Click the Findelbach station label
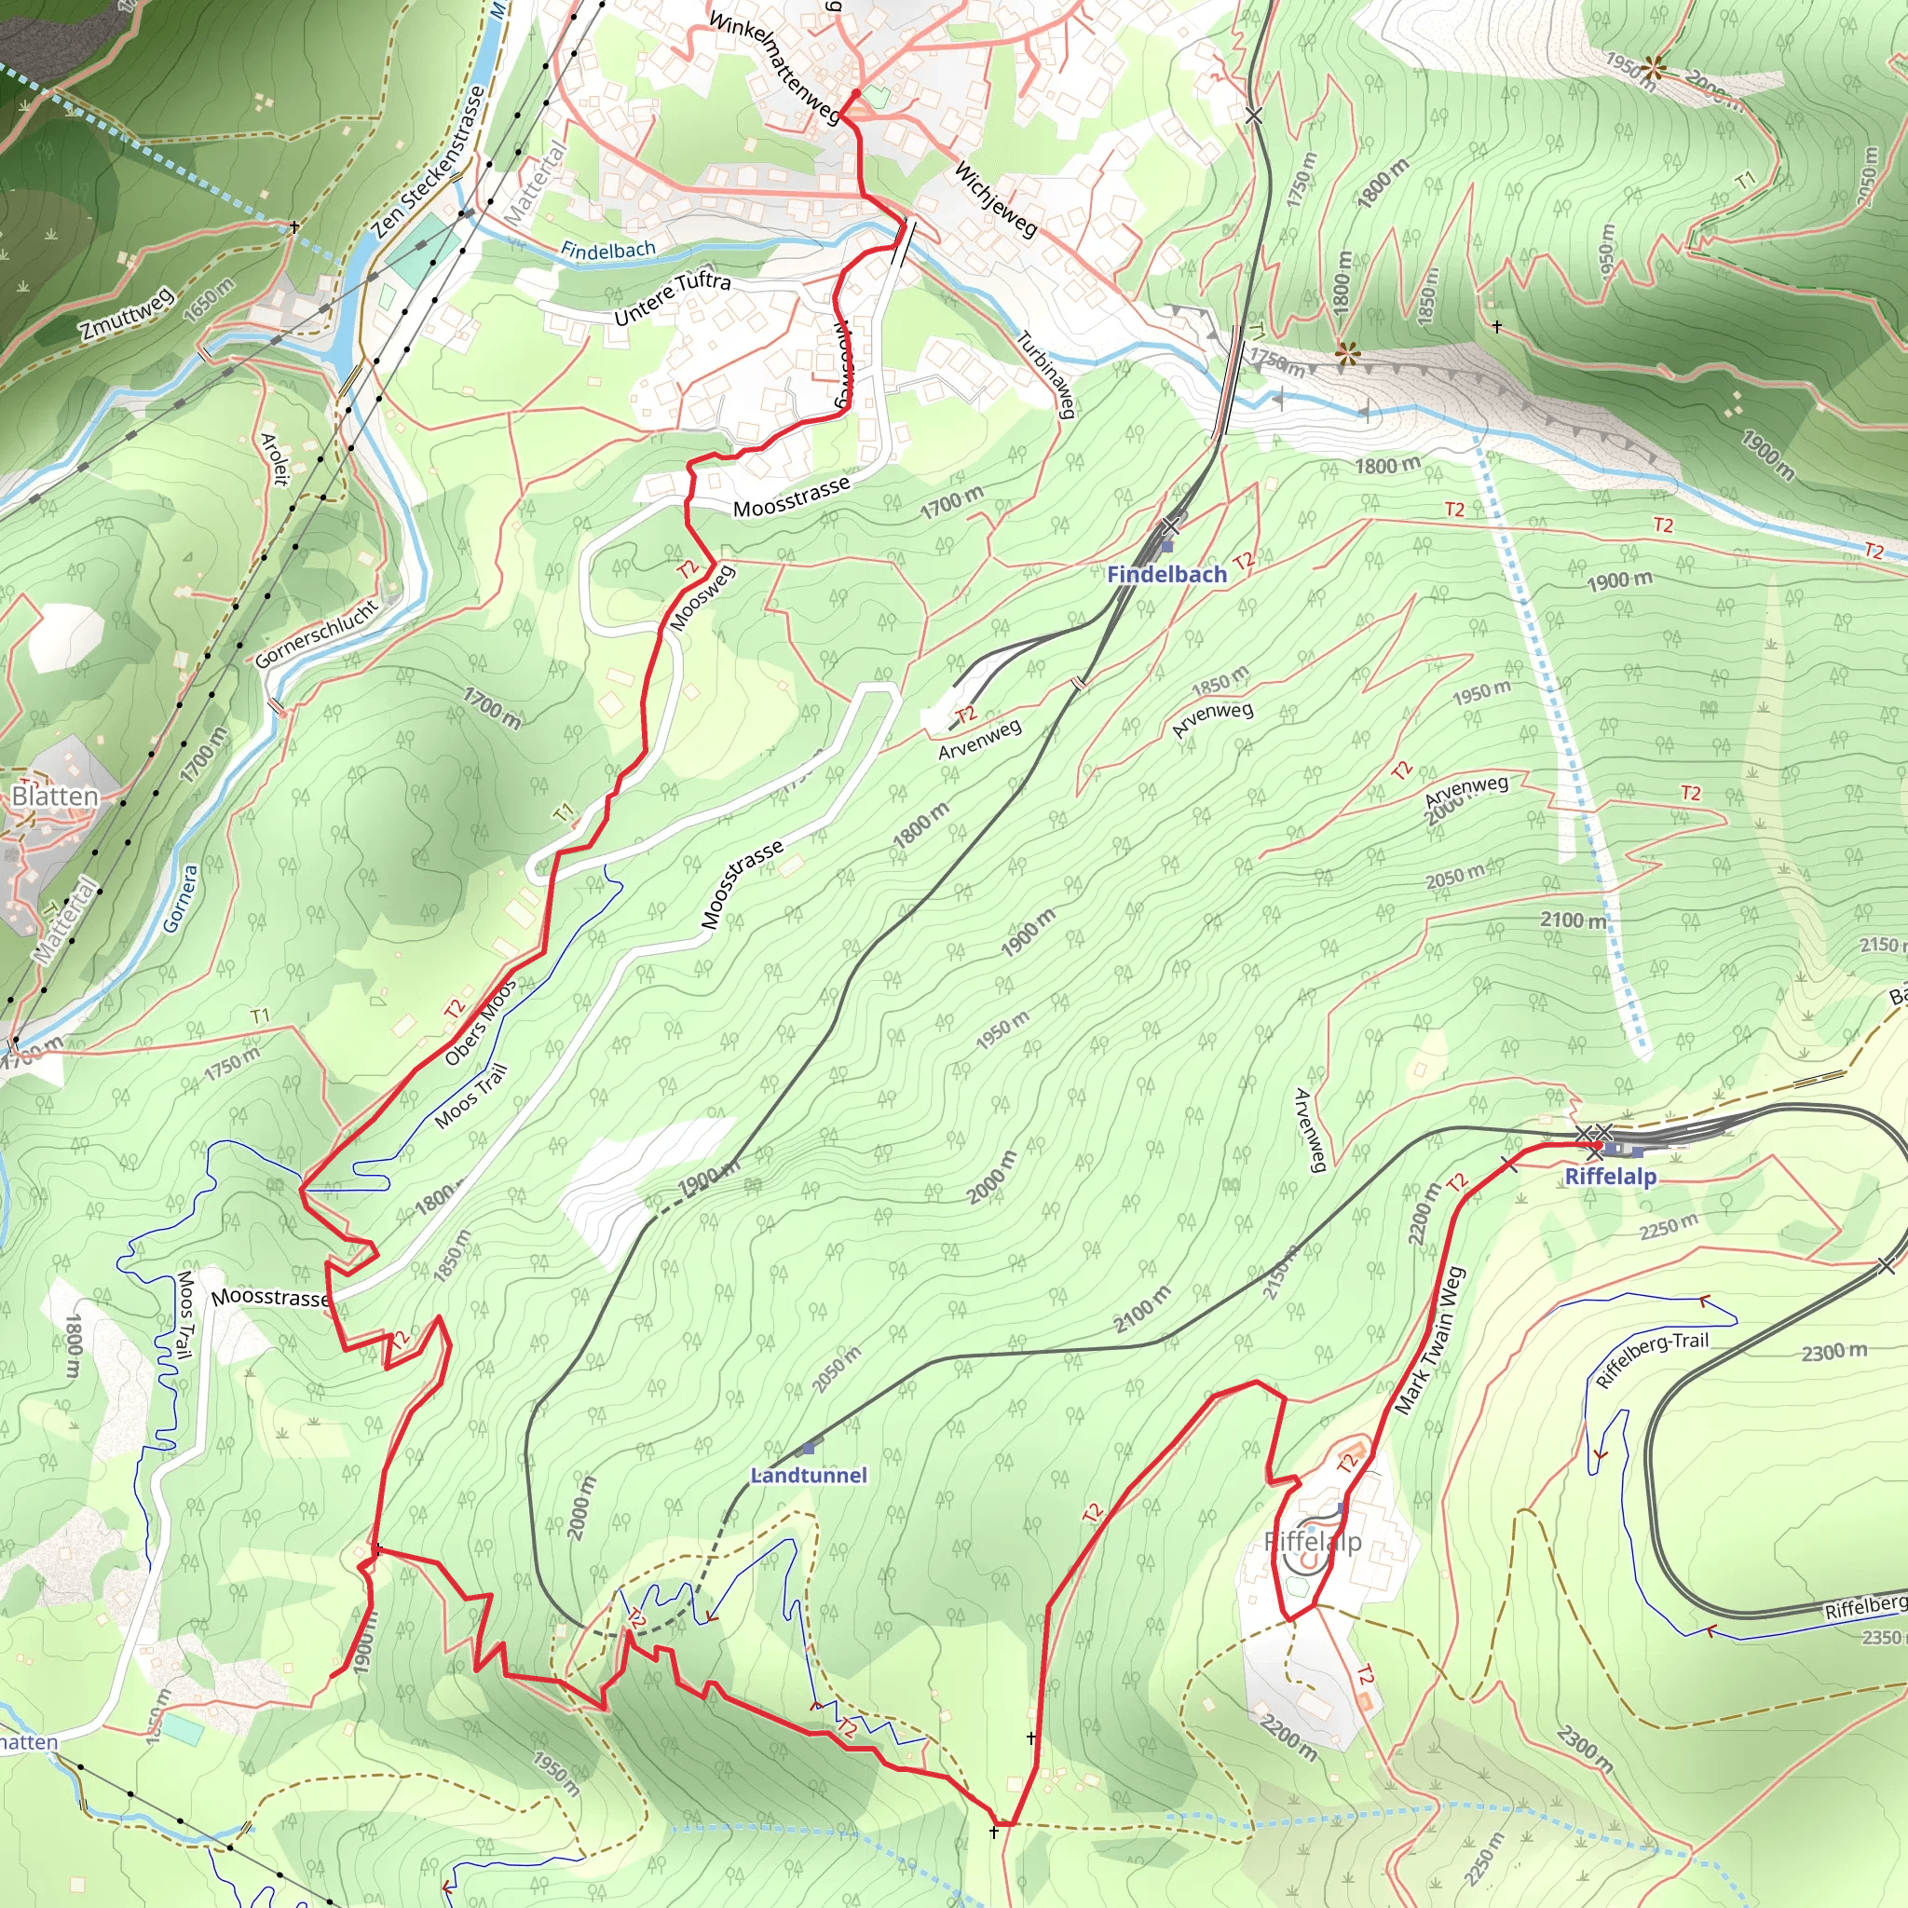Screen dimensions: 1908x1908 1166,574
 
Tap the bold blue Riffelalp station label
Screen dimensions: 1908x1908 1610,1177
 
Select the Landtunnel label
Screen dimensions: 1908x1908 808,1476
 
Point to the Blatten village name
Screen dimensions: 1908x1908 55,796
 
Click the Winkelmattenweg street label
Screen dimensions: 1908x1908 774,67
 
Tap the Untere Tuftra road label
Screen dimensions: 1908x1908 673,297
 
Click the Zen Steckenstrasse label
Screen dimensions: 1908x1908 430,162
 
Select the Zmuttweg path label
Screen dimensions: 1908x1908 128,313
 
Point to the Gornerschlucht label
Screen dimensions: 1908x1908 317,633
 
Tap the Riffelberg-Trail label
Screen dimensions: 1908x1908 1651,1360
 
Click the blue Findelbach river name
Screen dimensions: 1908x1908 607,250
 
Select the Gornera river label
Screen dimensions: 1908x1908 181,899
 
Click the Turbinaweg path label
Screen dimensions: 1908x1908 1046,375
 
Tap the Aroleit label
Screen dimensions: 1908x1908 275,458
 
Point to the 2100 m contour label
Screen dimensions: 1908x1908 1574,920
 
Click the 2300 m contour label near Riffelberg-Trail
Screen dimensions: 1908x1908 1833,1352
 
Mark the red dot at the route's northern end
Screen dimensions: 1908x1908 855,95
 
